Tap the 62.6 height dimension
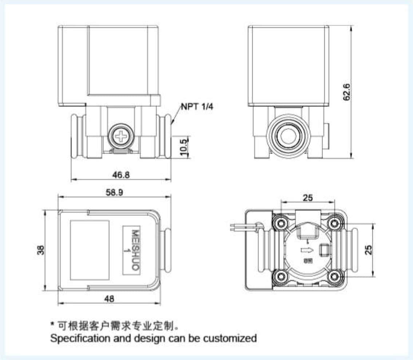(347, 92)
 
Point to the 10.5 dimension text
(184, 147)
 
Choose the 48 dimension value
(109, 299)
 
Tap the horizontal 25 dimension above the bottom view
(308, 198)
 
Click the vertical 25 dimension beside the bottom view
(369, 250)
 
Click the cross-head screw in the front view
(120, 136)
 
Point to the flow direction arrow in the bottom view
(306, 250)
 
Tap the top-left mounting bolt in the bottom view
(281, 223)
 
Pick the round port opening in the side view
(287, 136)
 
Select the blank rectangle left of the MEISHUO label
(90, 250)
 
